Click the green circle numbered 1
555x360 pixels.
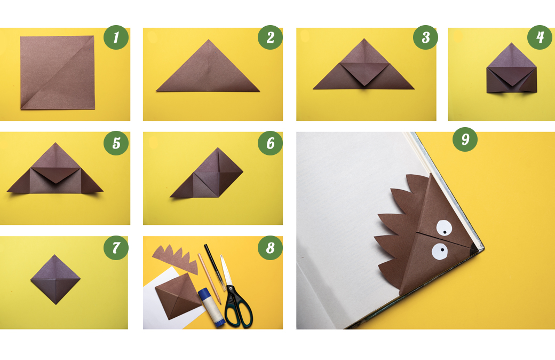click(116, 37)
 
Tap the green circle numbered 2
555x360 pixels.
click(270, 37)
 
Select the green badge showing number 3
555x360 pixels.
click(425, 37)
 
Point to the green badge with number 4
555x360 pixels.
click(540, 37)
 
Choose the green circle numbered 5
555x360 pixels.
click(116, 143)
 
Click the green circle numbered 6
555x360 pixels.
click(270, 143)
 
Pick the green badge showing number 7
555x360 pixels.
click(116, 248)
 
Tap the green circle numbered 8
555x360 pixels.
click(270, 248)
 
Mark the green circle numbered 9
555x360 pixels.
click(465, 139)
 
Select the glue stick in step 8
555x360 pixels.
click(211, 307)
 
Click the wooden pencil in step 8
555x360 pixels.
click(209, 278)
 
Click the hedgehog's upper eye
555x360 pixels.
click(444, 228)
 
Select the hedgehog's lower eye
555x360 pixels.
click(440, 252)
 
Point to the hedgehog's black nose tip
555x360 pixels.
click(474, 248)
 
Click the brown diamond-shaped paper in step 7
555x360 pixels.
click(55, 279)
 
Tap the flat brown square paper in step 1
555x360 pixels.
click(57, 72)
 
